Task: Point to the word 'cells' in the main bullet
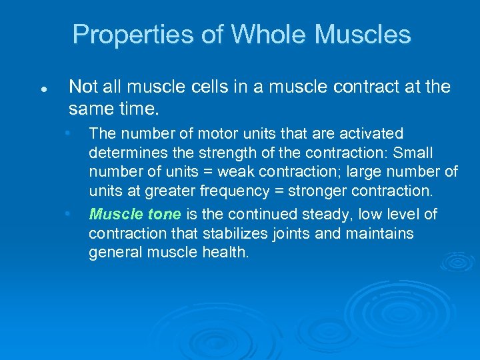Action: [221, 87]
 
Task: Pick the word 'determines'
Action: [121, 153]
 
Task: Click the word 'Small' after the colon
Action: [413, 153]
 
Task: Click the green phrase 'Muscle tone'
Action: [135, 215]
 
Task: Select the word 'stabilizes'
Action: [233, 234]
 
